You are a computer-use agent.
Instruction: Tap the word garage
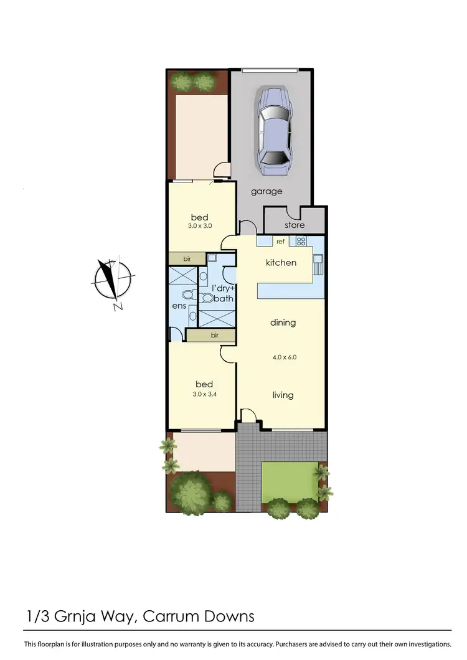[x=267, y=191]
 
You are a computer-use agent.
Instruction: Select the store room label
[x=295, y=224]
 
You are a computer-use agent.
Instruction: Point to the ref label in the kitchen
[x=280, y=242]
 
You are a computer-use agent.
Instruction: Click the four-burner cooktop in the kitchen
[x=301, y=242]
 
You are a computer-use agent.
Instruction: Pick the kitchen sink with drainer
[x=318, y=265]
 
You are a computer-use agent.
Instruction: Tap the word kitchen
[x=281, y=263]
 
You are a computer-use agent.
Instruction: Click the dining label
[x=283, y=323]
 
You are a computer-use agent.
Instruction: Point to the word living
[x=283, y=395]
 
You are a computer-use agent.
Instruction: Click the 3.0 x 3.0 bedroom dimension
[x=200, y=227]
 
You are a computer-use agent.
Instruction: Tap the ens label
[x=178, y=307]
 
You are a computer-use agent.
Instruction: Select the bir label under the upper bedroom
[x=187, y=258]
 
